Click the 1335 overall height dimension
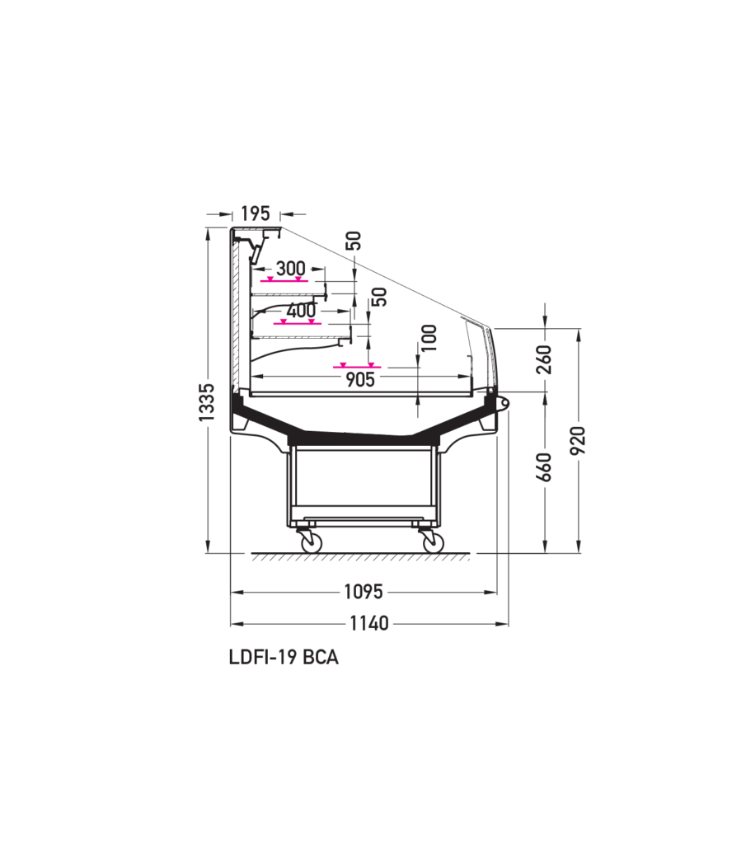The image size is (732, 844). coord(206,401)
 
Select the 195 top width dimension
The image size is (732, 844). coord(255,213)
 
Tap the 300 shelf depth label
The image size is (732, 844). coord(290,268)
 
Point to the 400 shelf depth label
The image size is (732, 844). coord(302,310)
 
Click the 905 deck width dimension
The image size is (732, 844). coord(359,379)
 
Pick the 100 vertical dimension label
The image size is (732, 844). coord(429,337)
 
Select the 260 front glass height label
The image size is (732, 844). coord(545,359)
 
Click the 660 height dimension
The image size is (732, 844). coord(545,467)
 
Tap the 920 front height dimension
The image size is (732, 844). coord(578,440)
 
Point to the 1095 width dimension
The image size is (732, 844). coord(364,592)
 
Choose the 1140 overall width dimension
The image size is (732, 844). coord(368,623)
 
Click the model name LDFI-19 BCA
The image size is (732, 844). coord(284,657)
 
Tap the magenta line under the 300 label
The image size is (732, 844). coord(284,280)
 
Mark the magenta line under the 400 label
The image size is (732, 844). coord(297,323)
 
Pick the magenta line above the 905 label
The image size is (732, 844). coord(357,367)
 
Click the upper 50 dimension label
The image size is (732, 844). coord(353,240)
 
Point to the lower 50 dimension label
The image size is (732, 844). coord(379,297)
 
